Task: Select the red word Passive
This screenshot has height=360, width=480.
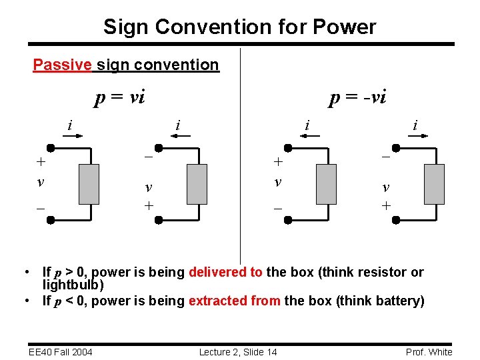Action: click(63, 65)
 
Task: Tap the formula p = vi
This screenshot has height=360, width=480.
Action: click(119, 98)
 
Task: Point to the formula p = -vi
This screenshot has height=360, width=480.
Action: click(357, 98)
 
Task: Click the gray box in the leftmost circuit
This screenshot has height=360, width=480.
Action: click(89, 184)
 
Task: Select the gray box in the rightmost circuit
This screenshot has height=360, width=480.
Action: click(433, 184)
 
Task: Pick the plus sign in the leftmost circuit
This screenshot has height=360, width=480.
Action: click(41, 161)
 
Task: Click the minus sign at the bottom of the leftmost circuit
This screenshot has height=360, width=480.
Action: click(41, 208)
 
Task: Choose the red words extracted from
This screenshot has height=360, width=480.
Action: click(234, 301)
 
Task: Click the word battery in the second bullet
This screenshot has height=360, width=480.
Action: click(396, 301)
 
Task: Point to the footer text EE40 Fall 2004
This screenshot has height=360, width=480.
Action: click(60, 352)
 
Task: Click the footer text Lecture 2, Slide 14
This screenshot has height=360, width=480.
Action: click(238, 352)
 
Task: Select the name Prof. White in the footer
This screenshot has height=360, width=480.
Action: click(429, 352)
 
